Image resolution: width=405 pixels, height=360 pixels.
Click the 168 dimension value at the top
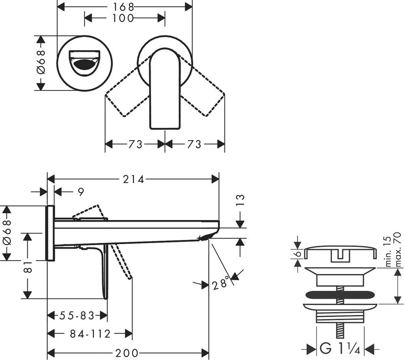[x=124, y=6]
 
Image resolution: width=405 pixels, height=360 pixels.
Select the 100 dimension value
[x=124, y=18]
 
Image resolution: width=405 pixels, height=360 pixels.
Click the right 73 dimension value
[x=194, y=144]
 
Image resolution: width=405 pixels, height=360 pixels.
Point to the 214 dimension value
[x=133, y=180]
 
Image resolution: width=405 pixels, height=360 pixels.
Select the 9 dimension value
[x=81, y=192]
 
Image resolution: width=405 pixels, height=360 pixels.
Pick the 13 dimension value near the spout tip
[x=240, y=201]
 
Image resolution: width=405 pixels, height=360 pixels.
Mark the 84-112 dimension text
[x=90, y=334]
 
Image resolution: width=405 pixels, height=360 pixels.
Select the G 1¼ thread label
[x=335, y=347]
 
